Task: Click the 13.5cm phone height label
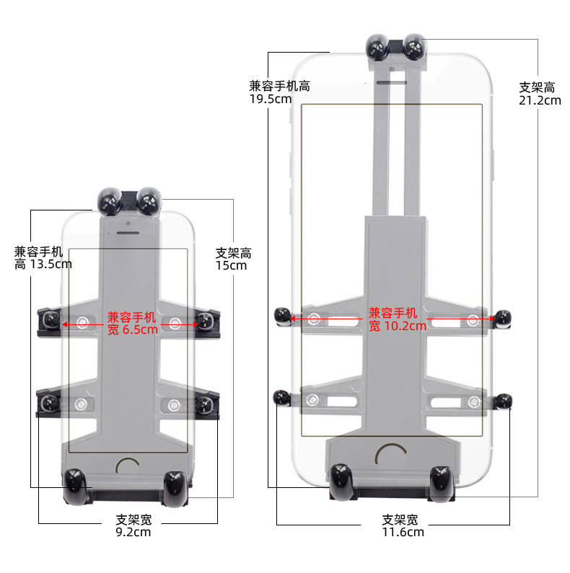pos(43,257)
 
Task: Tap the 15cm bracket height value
pos(231,266)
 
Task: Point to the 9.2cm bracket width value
pos(133,532)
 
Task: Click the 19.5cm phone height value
pos(271,99)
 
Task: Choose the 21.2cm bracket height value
pos(540,100)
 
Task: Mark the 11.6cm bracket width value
pos(403,532)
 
